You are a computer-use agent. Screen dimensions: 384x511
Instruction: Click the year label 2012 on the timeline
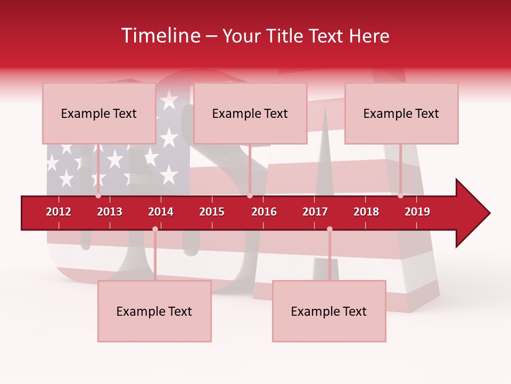[x=59, y=212]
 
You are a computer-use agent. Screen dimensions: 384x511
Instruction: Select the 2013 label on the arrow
[x=110, y=212]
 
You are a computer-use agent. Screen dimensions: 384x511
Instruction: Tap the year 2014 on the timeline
[x=161, y=212]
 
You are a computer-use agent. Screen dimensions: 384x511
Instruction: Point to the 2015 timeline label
[x=212, y=212]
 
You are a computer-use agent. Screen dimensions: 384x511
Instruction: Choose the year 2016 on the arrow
[x=264, y=212]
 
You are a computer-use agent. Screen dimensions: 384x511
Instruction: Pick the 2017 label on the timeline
[x=315, y=212]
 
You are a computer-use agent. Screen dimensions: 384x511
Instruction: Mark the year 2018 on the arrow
[x=366, y=212]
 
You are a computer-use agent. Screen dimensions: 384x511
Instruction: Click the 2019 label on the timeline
[x=417, y=212]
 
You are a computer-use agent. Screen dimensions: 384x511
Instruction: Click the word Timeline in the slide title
[x=160, y=36]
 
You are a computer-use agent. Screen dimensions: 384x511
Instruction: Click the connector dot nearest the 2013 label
[x=98, y=196]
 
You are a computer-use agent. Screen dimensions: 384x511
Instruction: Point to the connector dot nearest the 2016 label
[x=250, y=196]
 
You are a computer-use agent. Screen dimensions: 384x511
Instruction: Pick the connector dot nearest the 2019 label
[x=400, y=196]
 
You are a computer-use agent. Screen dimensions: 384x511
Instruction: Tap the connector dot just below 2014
[x=155, y=229]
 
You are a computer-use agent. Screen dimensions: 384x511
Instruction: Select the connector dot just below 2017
[x=329, y=229]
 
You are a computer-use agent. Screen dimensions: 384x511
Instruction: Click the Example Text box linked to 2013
[x=99, y=113]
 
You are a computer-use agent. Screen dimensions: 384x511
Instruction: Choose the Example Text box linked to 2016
[x=250, y=113]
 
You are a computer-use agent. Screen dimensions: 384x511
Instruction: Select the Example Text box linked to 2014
[x=154, y=311]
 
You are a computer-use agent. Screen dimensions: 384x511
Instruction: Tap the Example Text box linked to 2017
[x=329, y=311]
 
